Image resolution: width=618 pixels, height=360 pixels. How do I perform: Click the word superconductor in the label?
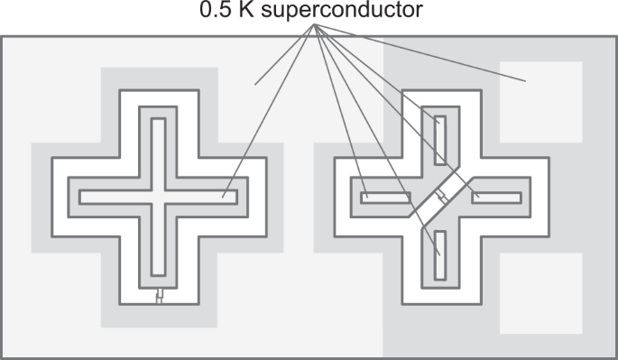360,12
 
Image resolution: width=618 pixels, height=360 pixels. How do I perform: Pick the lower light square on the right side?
540,292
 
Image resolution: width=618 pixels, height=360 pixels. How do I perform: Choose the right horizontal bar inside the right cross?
497,197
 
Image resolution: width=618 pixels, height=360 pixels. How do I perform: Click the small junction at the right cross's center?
442,197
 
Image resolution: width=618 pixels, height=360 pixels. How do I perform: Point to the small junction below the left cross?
159,297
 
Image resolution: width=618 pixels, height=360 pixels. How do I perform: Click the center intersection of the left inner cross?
159,197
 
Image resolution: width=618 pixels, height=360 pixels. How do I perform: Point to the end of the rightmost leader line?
525,82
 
